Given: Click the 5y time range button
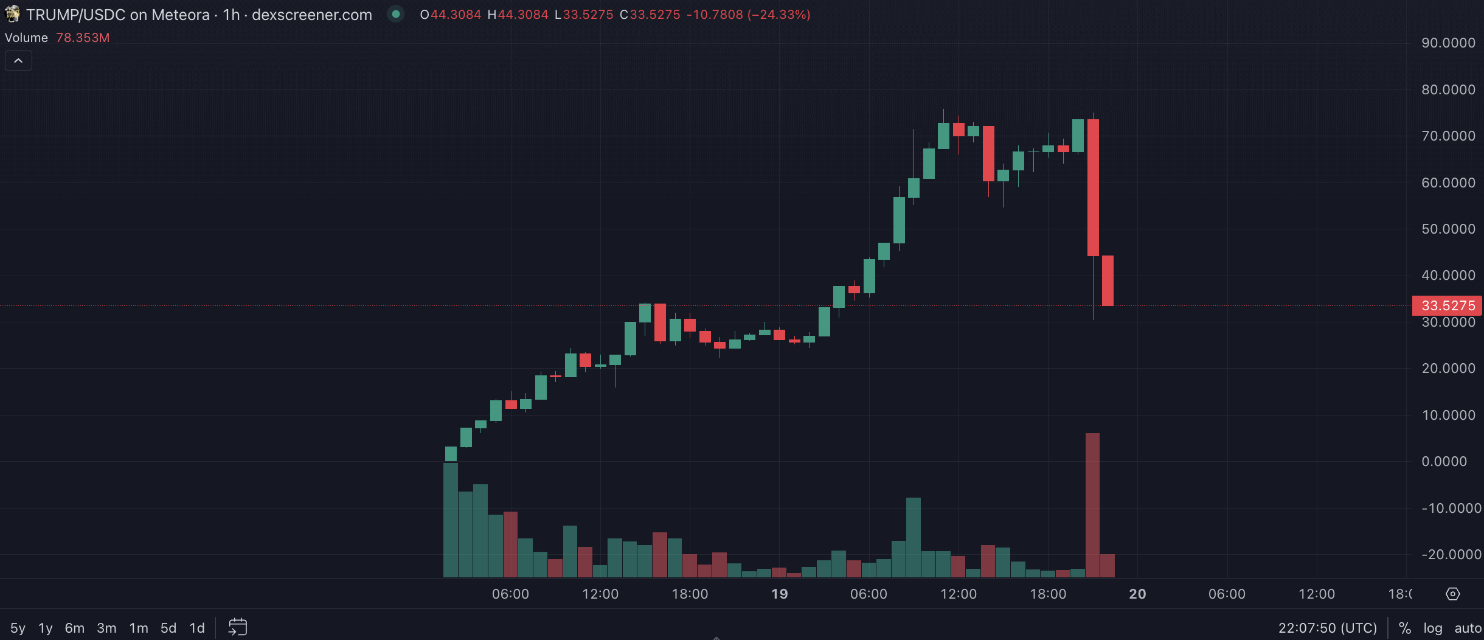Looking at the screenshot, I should click(18, 628).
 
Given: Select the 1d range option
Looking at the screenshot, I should click(196, 628).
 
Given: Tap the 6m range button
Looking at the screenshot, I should click(75, 628).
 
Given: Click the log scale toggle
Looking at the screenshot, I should click(1432, 628).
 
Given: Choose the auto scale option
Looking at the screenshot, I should click(1468, 628).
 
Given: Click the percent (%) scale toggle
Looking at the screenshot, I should click(1405, 628).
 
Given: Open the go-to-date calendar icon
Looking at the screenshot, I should click(238, 627).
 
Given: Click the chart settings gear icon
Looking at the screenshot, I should click(1453, 594).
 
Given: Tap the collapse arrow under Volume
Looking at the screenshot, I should click(18, 61).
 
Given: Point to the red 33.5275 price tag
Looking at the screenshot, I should click(1448, 305).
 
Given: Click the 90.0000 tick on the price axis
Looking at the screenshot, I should click(1448, 43).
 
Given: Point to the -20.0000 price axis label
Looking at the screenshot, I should click(1451, 554).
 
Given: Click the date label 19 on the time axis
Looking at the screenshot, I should click(779, 594).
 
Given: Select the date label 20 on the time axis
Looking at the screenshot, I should click(1137, 594).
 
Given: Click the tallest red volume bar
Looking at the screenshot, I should click(1092, 505).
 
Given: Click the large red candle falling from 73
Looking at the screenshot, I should click(1093, 187).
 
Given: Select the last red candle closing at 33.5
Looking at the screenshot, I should click(1108, 280).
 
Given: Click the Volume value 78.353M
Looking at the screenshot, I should click(83, 38).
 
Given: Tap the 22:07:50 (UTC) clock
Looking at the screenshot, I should click(1327, 628).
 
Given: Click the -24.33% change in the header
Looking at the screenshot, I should click(779, 15).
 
